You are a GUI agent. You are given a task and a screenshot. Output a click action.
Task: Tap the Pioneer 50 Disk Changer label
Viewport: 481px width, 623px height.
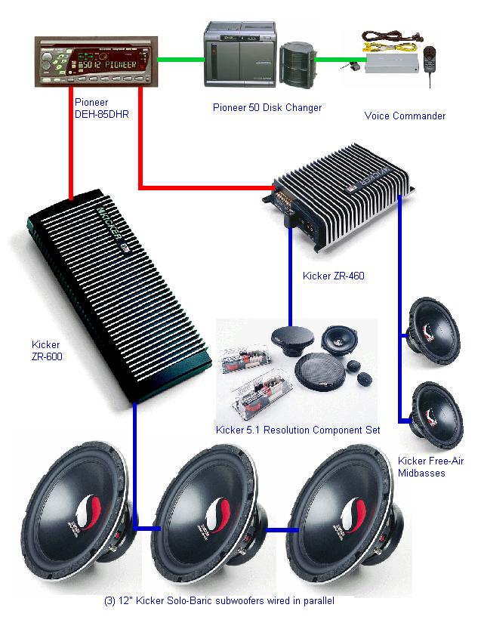267,107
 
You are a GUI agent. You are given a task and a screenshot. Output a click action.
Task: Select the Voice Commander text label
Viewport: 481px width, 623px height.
405,116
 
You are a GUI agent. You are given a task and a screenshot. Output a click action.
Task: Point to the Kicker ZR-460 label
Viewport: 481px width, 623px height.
333,276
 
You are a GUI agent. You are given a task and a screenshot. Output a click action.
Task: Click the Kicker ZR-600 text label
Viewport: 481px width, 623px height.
46,351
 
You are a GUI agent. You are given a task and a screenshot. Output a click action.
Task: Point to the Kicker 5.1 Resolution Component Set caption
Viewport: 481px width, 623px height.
298,430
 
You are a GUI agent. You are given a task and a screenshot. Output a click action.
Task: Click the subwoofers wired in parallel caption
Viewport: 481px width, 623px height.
219,602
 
